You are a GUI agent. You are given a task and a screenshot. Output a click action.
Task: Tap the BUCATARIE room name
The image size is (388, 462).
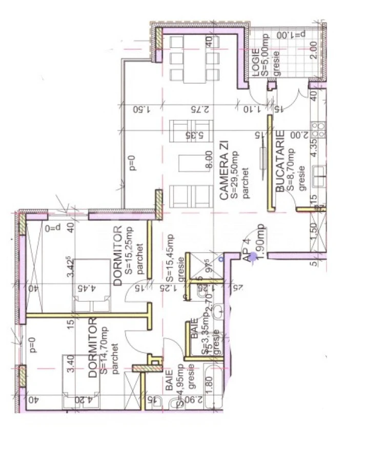point(280,161)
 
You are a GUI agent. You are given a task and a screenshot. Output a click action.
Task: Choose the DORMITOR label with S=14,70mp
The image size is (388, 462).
point(93,348)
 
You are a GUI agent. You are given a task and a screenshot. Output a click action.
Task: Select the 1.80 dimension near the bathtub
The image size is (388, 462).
point(208,385)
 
